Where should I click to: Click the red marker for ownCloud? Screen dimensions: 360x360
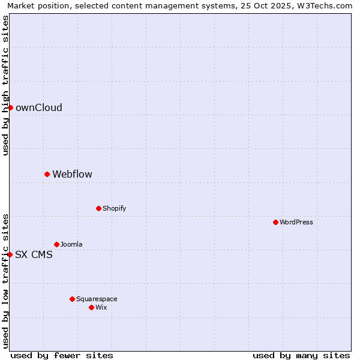(10, 107)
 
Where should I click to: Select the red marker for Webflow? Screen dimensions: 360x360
(47, 174)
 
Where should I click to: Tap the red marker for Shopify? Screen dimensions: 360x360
(98, 208)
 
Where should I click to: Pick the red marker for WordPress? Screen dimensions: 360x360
(275, 222)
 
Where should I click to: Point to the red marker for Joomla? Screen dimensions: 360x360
(56, 244)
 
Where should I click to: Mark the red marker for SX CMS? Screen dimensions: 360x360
(10, 254)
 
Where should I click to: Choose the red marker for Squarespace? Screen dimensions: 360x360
(72, 299)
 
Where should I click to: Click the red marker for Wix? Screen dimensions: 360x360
(91, 307)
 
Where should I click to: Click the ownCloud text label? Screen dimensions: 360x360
(39, 108)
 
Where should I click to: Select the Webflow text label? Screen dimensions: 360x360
(72, 175)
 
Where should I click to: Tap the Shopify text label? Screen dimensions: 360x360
(114, 209)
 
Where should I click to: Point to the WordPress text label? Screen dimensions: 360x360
(296, 223)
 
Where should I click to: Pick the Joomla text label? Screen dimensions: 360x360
(71, 245)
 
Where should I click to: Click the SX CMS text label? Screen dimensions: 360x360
(34, 255)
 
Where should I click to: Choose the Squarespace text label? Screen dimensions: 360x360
(97, 299)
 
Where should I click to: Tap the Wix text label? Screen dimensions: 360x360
(101, 308)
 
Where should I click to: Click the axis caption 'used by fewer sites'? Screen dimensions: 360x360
(62, 355)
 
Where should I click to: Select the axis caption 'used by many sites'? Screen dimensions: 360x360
(301, 355)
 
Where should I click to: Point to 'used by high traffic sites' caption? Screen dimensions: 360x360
(5, 85)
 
